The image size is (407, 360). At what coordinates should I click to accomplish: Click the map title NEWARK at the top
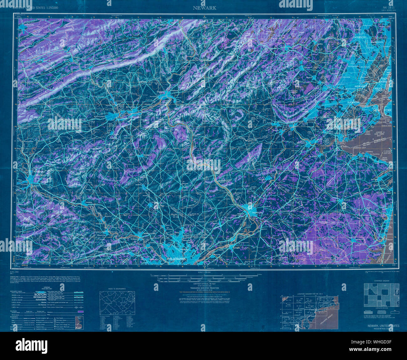tap(204, 8)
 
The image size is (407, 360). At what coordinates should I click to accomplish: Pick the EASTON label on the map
tap(160, 92)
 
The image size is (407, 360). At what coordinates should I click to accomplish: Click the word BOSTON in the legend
tap(40, 295)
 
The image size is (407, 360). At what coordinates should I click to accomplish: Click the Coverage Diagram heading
tap(381, 281)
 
